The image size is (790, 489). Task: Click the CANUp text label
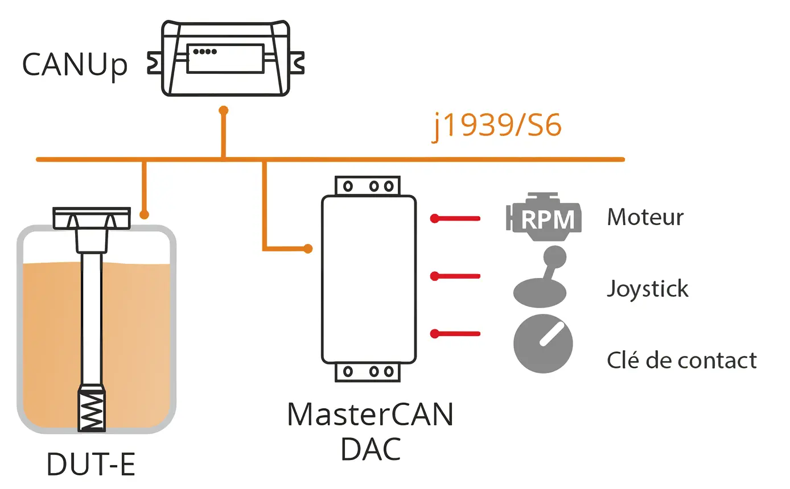pyautogui.click(x=75, y=65)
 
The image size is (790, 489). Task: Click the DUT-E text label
pyautogui.click(x=91, y=465)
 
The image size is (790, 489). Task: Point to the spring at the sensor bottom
pyautogui.click(x=91, y=409)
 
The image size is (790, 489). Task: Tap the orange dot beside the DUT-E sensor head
pyautogui.click(x=145, y=215)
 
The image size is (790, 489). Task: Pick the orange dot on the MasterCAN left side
pyautogui.click(x=308, y=248)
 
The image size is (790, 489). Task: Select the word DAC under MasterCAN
pyautogui.click(x=371, y=449)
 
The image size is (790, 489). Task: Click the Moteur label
pyautogui.click(x=645, y=217)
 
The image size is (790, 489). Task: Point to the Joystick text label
pyautogui.click(x=647, y=289)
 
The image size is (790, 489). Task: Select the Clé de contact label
pyautogui.click(x=681, y=360)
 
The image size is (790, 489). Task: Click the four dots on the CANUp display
pyautogui.click(x=205, y=51)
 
